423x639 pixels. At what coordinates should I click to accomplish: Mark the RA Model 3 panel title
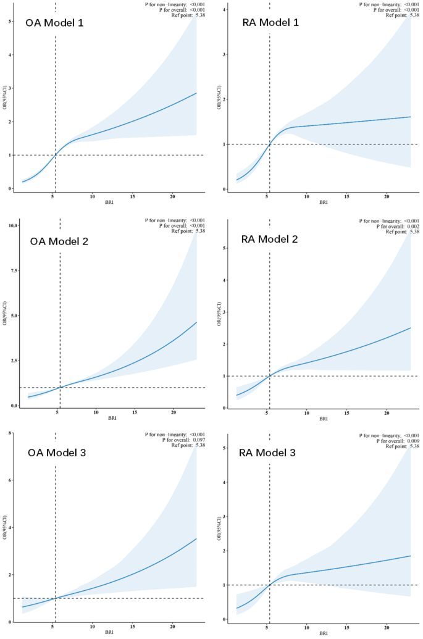(268, 453)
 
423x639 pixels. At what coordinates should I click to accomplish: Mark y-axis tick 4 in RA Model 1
(226, 10)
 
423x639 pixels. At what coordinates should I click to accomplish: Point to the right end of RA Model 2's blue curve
(411, 328)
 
